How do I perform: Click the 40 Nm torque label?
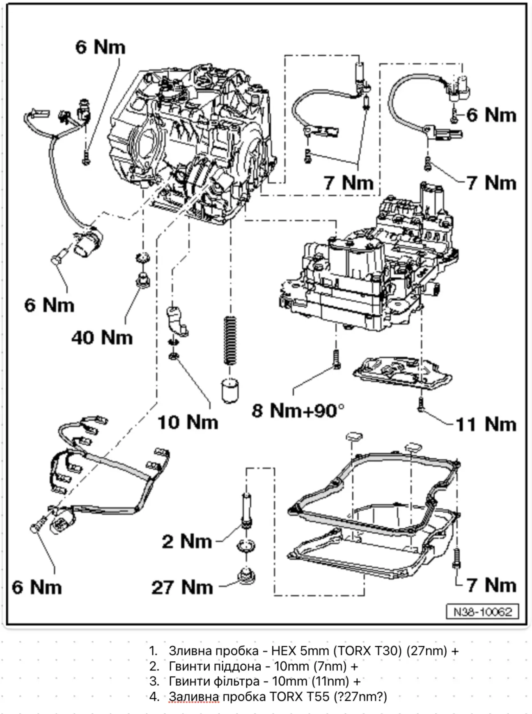pos(102,338)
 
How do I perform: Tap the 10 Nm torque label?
pos(188,422)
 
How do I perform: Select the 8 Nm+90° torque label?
pos(298,410)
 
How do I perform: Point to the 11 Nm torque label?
pos(486,424)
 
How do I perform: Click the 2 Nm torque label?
pos(187,541)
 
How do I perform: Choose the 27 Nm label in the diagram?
pos(182,587)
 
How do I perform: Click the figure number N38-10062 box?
pos(482,612)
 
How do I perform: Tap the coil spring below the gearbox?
pos(230,340)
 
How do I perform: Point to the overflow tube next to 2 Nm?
pos(247,509)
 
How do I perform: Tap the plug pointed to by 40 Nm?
pos(143,279)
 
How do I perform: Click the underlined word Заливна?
pos(194,697)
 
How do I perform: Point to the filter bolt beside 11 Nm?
pos(420,404)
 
